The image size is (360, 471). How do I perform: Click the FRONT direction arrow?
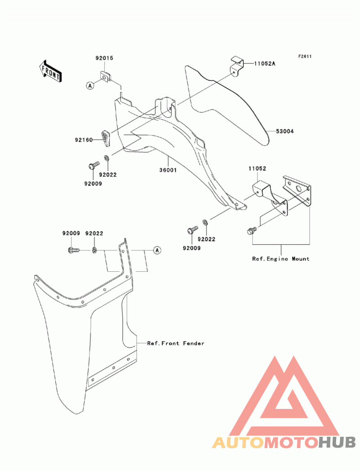coord(50,71)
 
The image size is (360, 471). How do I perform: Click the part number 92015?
coord(104,58)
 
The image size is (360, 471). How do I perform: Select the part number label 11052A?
coord(265,64)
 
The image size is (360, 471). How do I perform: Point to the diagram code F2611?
coord(305,57)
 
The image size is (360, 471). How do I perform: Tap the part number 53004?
coord(285,131)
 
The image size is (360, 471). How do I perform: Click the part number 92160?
coord(84,139)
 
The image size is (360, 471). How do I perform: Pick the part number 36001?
coord(168,170)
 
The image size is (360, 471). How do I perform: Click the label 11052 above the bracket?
coord(257,169)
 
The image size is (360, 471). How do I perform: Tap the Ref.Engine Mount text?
coord(281,259)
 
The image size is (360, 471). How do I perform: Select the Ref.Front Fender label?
coord(176,343)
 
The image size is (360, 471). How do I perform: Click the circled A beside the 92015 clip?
coord(90,85)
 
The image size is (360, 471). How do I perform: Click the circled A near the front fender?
coord(157,250)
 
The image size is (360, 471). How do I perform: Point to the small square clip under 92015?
coord(105,76)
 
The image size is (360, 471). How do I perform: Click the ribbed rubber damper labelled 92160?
coord(105,138)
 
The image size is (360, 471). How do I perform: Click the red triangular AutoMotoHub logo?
coord(283,395)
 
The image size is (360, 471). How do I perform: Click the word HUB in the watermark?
coord(337,442)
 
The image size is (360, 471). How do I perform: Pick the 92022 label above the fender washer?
coord(94,233)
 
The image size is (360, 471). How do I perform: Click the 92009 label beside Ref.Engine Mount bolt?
coord(192,248)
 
